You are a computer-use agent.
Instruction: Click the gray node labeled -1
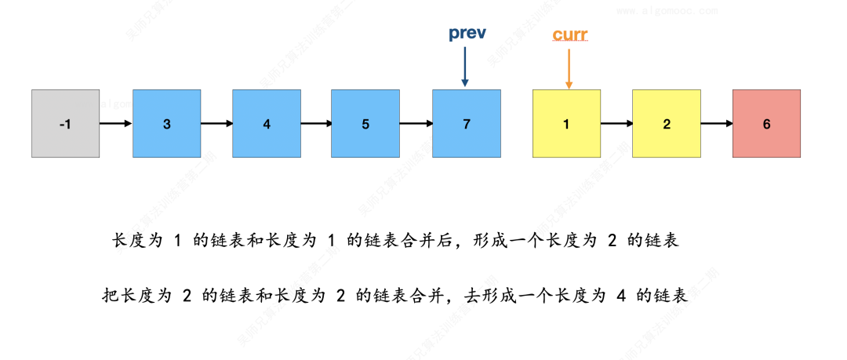(65, 123)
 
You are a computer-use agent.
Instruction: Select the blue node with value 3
(166, 123)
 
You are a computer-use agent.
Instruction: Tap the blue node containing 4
(267, 123)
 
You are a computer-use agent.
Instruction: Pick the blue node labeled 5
(365, 123)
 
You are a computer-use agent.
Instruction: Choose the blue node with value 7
(467, 123)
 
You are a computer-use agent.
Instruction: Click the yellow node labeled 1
(566, 123)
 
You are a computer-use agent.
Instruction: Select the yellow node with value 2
(667, 123)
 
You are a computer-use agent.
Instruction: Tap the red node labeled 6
(766, 123)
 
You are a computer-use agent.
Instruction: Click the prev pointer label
(467, 34)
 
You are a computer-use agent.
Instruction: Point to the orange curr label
(569, 35)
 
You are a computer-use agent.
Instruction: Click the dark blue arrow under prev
(465, 67)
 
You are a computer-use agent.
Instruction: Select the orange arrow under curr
(568, 67)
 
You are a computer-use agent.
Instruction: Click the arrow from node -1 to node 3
(116, 123)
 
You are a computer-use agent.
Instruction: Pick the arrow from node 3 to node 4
(216, 123)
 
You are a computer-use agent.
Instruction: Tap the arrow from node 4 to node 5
(316, 123)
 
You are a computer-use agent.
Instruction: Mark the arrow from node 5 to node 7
(416, 123)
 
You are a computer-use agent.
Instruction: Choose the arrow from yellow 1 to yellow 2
(616, 123)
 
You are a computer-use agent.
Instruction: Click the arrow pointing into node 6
(717, 123)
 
